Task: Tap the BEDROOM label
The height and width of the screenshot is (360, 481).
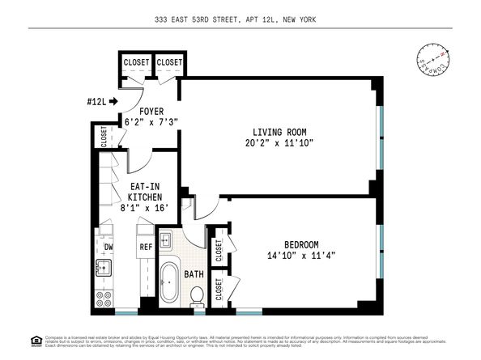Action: [300, 244]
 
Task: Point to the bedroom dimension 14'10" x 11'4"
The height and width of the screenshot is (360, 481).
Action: [300, 256]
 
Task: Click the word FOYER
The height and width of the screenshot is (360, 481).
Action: [151, 111]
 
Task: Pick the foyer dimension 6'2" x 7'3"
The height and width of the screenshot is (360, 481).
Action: [151, 122]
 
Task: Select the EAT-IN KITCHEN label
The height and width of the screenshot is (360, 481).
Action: [146, 191]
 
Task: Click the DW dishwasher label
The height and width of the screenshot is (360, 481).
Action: [107, 247]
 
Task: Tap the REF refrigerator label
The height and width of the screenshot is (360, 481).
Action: [146, 247]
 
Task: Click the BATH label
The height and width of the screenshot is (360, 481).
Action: [194, 274]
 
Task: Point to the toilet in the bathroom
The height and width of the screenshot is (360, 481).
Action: [196, 298]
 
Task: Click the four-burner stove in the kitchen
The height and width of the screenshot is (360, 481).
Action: [105, 300]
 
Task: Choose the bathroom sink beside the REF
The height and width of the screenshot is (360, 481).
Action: [167, 240]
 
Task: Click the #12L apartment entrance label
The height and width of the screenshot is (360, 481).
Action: [96, 101]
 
